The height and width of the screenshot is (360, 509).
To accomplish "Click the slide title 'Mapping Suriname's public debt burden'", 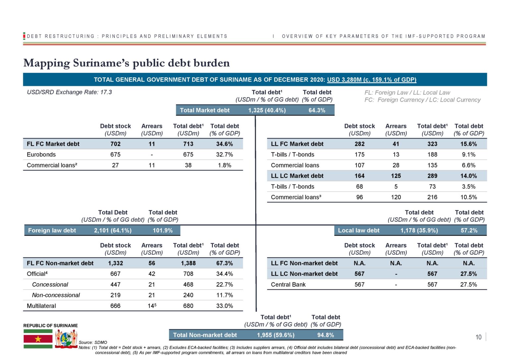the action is [x=126, y=63].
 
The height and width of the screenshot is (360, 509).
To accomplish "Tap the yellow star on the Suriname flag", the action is [x=38, y=339].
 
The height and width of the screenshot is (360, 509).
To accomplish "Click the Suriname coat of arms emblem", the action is [x=66, y=339].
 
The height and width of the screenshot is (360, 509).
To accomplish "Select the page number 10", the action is [x=478, y=337].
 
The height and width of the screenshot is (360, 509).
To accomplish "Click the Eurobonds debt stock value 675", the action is [x=115, y=154].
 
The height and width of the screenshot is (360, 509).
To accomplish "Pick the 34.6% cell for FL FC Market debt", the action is [x=224, y=144].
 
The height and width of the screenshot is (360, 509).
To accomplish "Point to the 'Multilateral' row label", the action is [x=41, y=306].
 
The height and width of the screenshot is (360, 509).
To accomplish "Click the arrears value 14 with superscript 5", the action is [x=152, y=306].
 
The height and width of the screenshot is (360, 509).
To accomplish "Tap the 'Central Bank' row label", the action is [x=288, y=284].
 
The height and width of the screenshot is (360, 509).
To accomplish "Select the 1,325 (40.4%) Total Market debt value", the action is [x=267, y=110].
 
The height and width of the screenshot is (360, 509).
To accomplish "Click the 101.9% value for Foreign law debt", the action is [x=162, y=230].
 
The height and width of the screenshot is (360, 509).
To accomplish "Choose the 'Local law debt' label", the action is [x=359, y=230].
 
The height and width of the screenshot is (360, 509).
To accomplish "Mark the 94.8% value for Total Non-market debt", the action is [x=326, y=335].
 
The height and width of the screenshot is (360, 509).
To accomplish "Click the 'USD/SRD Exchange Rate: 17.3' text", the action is [x=69, y=92].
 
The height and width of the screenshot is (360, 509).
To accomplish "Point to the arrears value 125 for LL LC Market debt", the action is [x=396, y=176].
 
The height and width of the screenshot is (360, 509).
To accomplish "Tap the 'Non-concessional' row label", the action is [x=56, y=295].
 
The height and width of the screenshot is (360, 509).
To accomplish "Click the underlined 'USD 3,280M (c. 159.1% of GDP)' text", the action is [x=372, y=80].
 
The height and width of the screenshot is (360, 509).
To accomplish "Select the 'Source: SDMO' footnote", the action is [x=93, y=342].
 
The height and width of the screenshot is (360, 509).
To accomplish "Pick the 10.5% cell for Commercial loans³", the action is [x=469, y=197].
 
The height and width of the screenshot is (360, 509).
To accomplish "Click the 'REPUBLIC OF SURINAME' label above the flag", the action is [x=50, y=326].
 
